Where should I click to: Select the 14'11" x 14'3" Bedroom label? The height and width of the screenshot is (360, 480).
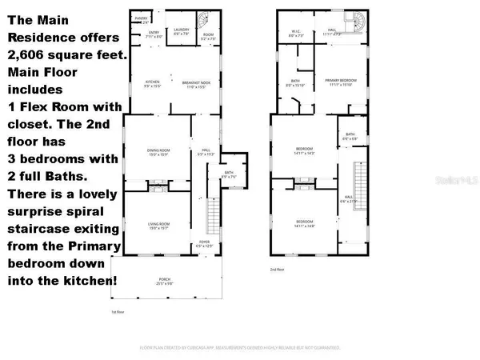[x=304, y=150]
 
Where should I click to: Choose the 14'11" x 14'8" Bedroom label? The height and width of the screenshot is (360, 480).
[x=304, y=221]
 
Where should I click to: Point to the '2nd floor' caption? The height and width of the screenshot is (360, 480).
[x=277, y=270]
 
